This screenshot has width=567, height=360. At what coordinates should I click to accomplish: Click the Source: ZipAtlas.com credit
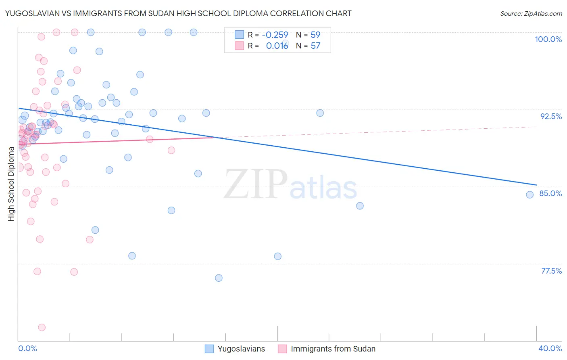531,13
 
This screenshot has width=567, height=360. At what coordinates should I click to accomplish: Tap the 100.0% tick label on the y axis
548,39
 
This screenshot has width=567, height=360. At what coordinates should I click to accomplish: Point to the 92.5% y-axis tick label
551,116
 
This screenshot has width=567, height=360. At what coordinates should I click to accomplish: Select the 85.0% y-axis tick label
550,193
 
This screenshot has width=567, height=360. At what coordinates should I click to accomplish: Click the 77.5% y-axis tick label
551,271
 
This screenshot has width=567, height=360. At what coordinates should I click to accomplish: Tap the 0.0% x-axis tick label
27,348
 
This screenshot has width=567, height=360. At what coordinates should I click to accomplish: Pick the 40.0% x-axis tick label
550,348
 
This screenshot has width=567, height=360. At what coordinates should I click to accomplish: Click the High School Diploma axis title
11,184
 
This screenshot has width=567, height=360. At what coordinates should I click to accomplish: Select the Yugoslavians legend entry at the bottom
241,349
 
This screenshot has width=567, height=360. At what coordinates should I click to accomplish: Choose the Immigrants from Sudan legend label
333,349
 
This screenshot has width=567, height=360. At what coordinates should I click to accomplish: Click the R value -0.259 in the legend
275,35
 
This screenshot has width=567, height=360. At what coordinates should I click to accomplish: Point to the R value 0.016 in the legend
277,46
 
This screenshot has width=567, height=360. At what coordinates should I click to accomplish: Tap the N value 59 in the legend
315,35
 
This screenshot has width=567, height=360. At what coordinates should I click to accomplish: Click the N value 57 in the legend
315,46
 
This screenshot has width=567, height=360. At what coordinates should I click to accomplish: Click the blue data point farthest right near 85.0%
530,195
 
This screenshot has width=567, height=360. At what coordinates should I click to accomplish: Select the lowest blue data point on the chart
219,278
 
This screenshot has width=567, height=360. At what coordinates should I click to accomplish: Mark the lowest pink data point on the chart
42,327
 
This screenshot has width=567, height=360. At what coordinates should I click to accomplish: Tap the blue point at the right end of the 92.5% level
320,113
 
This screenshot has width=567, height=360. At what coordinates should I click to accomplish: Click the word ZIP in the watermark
255,184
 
